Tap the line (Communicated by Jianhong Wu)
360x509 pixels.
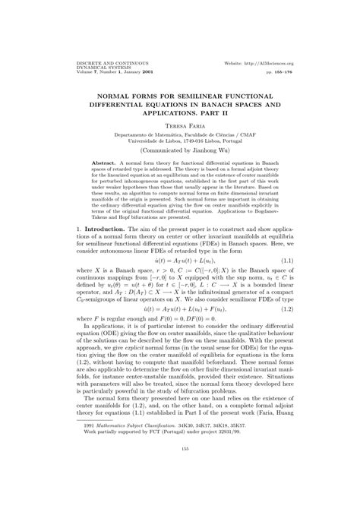click(180, 149)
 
